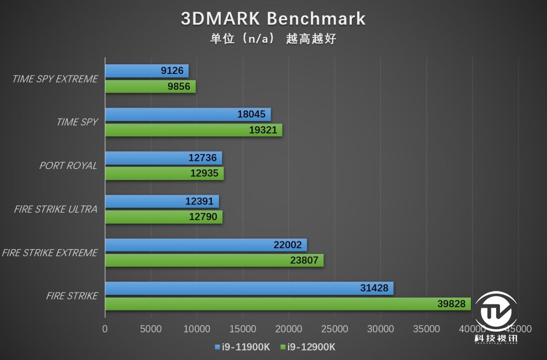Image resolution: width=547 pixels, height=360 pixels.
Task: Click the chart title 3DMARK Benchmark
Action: click(273, 19)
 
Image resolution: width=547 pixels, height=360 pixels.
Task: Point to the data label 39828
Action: click(451, 304)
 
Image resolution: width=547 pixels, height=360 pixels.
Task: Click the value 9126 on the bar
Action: click(172, 71)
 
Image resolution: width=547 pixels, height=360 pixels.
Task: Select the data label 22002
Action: click(288, 245)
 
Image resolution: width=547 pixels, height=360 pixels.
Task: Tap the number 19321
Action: click(263, 130)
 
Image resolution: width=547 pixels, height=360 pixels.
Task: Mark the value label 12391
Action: click(200, 202)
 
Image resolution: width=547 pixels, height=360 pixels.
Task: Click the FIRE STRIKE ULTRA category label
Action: click(56, 209)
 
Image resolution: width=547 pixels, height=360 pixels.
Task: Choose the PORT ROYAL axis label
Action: click(68, 166)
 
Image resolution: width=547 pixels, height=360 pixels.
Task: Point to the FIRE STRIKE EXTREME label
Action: click(49, 252)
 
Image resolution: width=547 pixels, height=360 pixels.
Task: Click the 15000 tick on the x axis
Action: click(243, 329)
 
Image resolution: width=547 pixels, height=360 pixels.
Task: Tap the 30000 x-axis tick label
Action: click(381, 329)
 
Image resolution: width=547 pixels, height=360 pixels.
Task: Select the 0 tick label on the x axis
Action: click(105, 329)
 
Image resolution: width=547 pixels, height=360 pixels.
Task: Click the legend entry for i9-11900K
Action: click(242, 347)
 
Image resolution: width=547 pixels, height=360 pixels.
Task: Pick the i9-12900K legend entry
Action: click(307, 347)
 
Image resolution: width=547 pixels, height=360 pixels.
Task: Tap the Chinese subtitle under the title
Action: click(273, 39)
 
